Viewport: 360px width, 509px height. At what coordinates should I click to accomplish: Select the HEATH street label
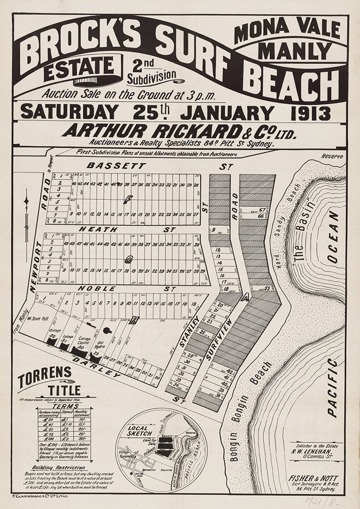coord(102,229)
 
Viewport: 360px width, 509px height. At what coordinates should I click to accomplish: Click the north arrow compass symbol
coord(26,216)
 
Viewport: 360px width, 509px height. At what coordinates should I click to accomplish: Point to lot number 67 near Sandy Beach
coord(262,210)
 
